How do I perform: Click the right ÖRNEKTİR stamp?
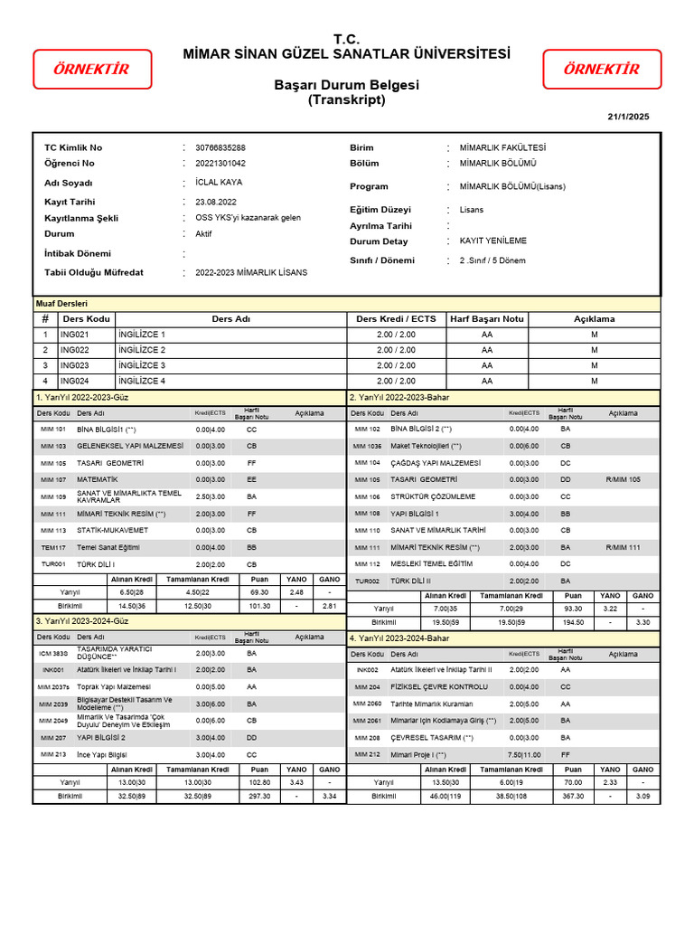pos(602,70)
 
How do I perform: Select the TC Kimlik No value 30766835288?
pos(220,147)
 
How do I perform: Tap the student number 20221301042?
pos(220,164)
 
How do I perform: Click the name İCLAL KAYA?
pos(219,182)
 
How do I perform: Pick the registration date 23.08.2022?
pos(216,203)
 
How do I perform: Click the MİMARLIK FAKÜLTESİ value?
pos(502,147)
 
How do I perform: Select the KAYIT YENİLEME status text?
pos(493,241)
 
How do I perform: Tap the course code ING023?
pos(75,366)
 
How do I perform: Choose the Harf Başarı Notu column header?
pos(487,319)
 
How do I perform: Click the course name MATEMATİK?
pos(98,479)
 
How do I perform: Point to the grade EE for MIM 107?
pos(251,479)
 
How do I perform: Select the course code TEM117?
pos(53,547)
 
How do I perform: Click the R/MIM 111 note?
pos(623,547)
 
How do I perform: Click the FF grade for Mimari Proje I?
pos(565,754)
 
